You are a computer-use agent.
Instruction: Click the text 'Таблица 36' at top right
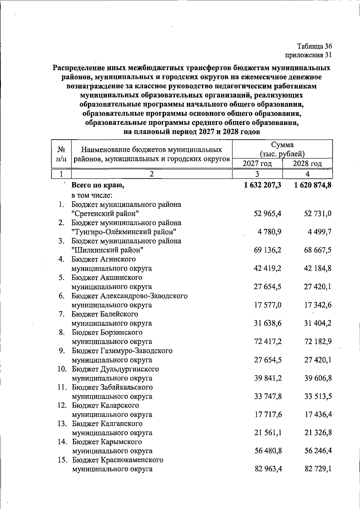314,47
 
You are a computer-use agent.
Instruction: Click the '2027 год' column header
257,164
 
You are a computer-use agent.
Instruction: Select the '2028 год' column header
307,164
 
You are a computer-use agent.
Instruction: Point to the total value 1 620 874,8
313,185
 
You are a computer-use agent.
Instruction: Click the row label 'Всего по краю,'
98,185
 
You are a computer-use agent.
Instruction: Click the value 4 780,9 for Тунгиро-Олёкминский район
269,232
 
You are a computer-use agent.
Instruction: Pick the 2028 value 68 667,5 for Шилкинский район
318,250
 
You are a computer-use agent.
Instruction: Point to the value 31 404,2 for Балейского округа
318,324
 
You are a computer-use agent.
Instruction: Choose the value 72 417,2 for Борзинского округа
268,342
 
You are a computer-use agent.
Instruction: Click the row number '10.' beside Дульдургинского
62,369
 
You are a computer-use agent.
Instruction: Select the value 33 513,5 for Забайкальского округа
318,396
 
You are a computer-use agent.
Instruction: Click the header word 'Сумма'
282,145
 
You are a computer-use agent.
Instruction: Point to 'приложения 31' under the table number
309,55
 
